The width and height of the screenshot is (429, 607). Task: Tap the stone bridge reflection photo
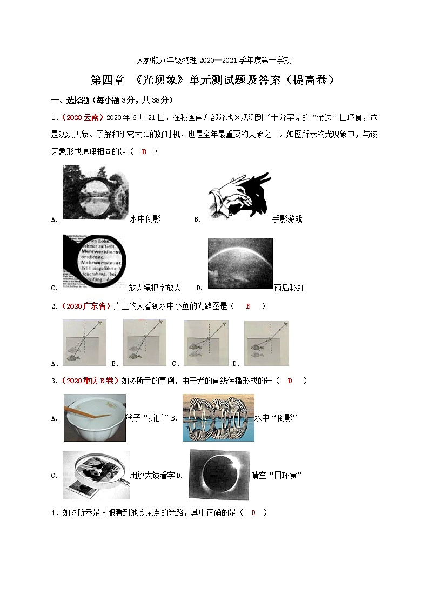(96, 192)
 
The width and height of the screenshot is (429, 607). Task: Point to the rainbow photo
(240, 264)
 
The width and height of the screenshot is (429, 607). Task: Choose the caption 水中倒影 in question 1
(145, 219)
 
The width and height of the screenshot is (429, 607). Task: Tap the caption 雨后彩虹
(289, 288)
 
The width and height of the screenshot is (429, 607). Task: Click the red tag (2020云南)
(81, 117)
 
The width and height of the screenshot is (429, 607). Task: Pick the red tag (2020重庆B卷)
(89, 381)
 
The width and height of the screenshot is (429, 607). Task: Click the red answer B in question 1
(144, 152)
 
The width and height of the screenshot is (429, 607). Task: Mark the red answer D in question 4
(253, 512)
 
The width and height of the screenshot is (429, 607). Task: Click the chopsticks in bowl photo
(95, 418)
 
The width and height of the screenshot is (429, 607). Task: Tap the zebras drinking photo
(218, 418)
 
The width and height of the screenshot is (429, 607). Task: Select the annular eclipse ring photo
(220, 475)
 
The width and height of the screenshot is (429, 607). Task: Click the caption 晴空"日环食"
(277, 475)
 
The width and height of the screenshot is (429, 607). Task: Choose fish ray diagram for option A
(84, 343)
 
